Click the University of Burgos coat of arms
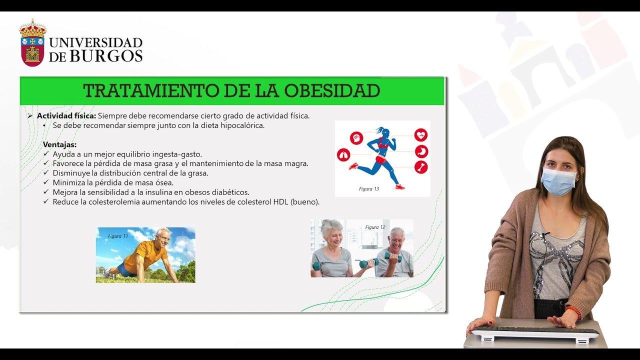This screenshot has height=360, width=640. [x=32, y=43]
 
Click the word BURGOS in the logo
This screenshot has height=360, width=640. [x=106, y=55]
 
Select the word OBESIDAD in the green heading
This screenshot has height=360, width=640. [x=332, y=91]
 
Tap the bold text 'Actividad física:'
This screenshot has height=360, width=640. [x=66, y=115]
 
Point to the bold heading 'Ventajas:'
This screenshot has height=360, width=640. [x=59, y=144]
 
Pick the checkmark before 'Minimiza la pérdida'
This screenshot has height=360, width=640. [x=46, y=182]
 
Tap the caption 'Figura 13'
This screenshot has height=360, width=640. [x=369, y=189]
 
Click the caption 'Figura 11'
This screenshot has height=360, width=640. [x=118, y=236]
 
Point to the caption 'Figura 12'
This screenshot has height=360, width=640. [x=375, y=227]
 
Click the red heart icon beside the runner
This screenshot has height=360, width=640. [x=421, y=135]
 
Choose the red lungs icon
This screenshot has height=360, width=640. [x=343, y=155]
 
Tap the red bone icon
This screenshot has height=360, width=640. [x=421, y=167]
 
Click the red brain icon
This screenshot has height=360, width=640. [x=356, y=138]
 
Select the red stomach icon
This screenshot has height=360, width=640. [x=421, y=151]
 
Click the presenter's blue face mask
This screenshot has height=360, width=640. [x=558, y=182]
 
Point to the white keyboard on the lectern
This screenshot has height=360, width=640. [x=534, y=333]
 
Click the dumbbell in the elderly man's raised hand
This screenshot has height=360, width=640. [x=393, y=257]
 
